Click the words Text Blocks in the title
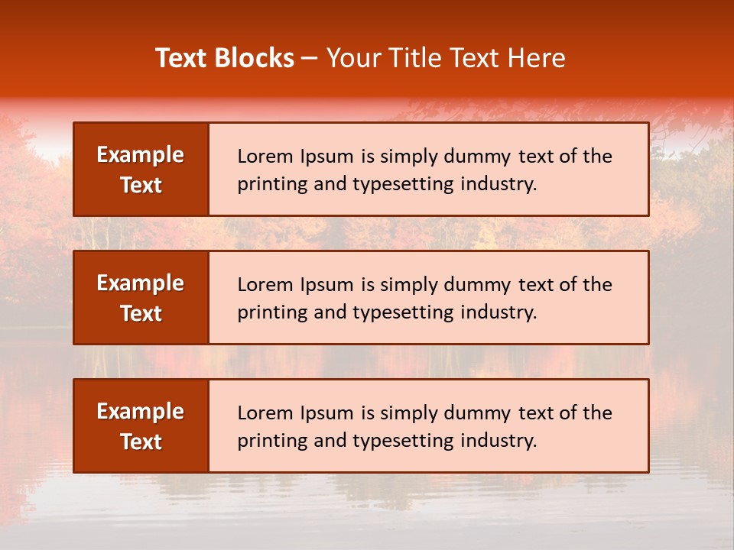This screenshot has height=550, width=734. click(x=225, y=58)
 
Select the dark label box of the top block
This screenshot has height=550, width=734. click(x=141, y=170)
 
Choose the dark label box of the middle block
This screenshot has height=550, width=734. click(x=141, y=298)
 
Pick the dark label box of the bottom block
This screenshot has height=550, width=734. click(x=141, y=426)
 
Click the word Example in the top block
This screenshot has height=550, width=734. click(x=141, y=155)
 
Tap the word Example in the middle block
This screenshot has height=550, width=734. click(x=141, y=283)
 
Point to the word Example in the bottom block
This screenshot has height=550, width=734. click(x=141, y=412)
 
